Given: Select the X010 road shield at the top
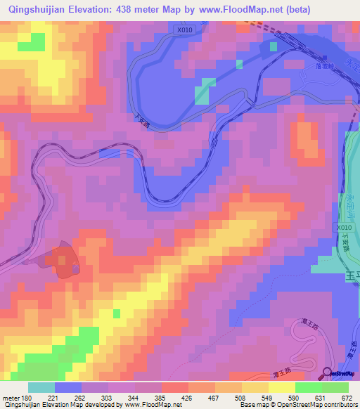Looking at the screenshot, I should tap(184, 30).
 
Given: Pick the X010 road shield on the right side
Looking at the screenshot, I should tap(342, 228).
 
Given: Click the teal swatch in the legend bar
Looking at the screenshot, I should tap(41, 387).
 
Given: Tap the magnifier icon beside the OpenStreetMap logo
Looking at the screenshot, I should tap(326, 372).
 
